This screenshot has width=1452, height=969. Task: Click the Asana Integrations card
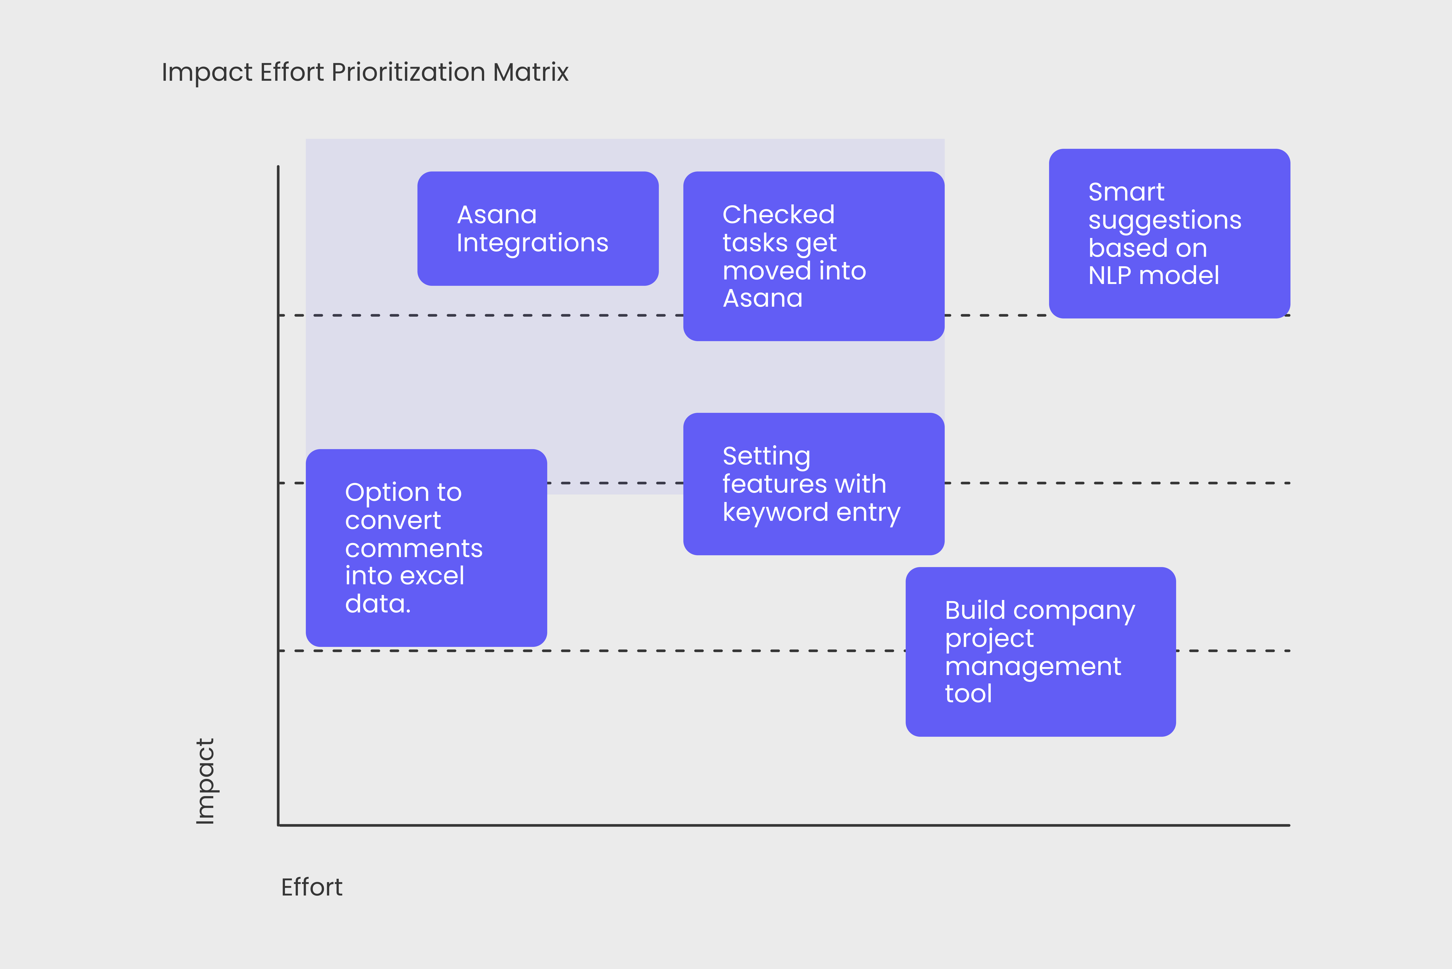pyautogui.click(x=538, y=229)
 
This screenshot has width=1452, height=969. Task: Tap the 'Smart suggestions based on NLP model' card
pyautogui.click(x=1170, y=234)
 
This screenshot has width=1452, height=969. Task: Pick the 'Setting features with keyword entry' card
pyautogui.click(x=814, y=484)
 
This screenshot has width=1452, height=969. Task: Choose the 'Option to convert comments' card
pyautogui.click(x=427, y=548)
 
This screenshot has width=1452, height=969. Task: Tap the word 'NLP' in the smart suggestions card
pyautogui.click(x=1110, y=276)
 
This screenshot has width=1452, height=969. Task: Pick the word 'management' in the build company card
pyautogui.click(x=1033, y=666)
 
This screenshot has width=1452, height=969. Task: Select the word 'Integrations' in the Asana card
pyautogui.click(x=532, y=243)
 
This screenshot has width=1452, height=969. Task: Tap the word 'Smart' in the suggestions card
pyautogui.click(x=1126, y=192)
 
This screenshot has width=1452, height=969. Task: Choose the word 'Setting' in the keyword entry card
pyautogui.click(x=766, y=457)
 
